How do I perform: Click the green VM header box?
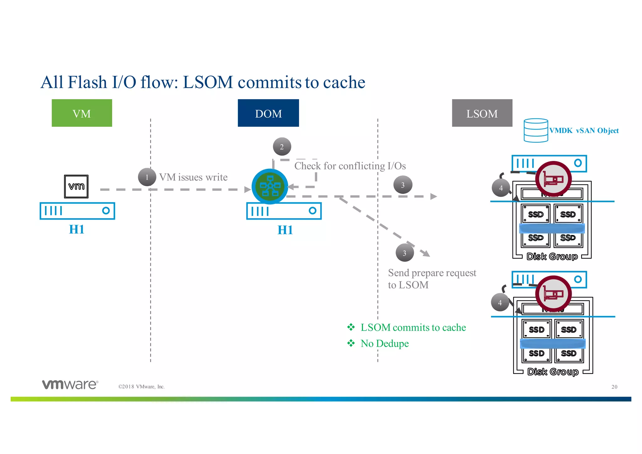[x=82, y=113]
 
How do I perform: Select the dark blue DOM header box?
[x=268, y=113]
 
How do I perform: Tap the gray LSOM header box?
[x=482, y=113]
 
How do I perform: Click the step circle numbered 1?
[x=147, y=177]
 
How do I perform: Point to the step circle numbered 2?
[x=282, y=147]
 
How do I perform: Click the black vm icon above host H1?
[x=76, y=186]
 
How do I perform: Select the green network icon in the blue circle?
[x=270, y=186]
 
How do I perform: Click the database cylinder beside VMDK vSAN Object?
[x=536, y=130]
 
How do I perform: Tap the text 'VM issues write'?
[x=193, y=177]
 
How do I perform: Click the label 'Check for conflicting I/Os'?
[x=350, y=166]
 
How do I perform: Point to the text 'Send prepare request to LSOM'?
[x=432, y=279]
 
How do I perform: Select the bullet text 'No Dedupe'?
[x=384, y=344]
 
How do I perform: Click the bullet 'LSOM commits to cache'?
[x=413, y=328]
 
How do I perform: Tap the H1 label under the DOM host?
[x=285, y=230]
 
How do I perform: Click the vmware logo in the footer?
[x=70, y=384]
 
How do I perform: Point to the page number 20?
[x=614, y=387]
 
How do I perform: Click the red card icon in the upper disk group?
[x=553, y=179]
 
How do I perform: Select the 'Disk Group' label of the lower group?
[x=553, y=372]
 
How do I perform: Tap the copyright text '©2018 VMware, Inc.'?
[x=141, y=387]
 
